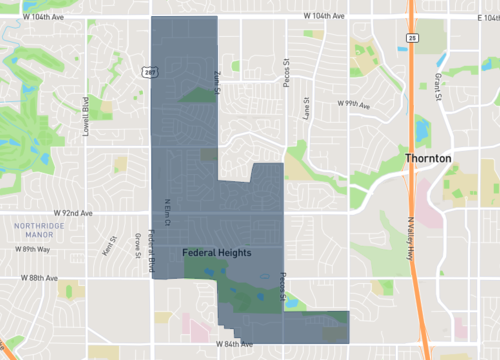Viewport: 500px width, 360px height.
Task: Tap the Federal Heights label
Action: [x=217, y=253]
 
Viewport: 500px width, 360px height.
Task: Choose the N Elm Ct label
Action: [x=168, y=210]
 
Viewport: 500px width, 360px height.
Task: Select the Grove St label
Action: [x=137, y=243]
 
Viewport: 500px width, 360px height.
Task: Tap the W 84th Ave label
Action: [x=234, y=344]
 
